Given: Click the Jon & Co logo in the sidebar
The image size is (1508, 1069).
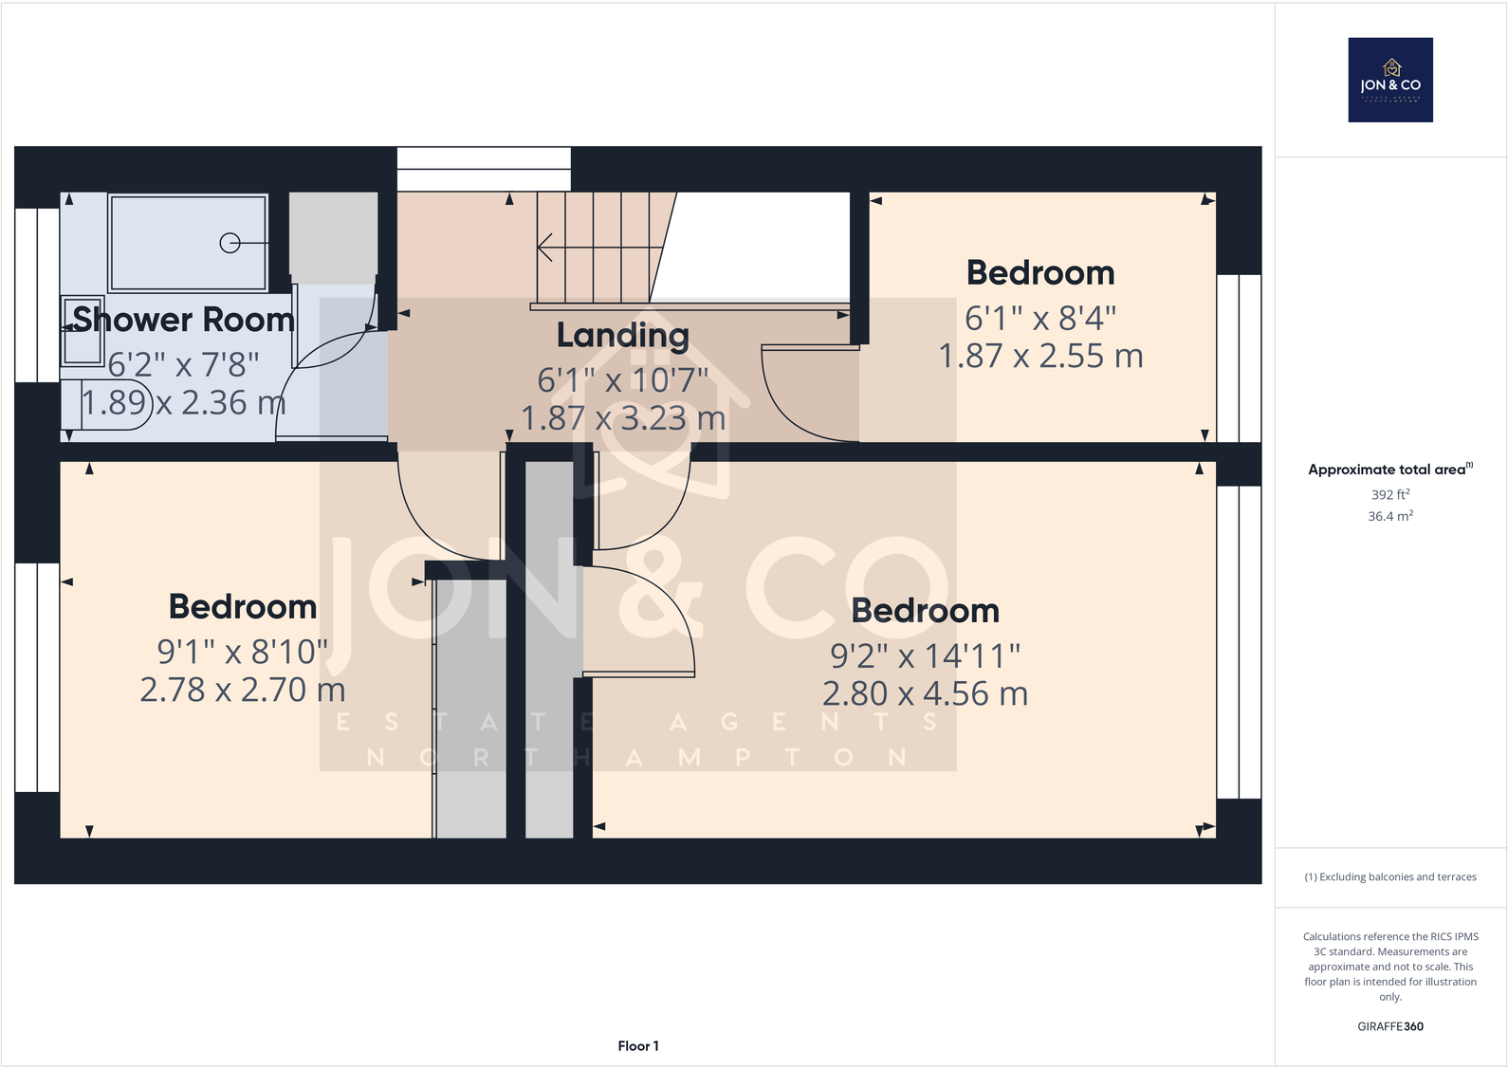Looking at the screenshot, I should tap(1389, 80).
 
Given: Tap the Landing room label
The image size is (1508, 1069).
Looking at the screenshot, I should tap(622, 335).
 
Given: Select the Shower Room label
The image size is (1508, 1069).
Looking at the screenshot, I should tap(183, 320).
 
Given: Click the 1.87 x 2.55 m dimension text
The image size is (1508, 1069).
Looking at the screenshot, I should tap(1040, 357).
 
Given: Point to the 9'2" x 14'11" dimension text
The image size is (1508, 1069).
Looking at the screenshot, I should tap(925, 655).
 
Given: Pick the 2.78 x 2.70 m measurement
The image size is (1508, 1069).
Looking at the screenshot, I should tap(242, 690).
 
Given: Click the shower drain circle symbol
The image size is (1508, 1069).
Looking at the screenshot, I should tap(230, 243).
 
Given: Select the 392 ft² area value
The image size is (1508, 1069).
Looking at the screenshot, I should tap(1389, 494).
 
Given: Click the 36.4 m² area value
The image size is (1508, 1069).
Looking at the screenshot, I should tap(1389, 516).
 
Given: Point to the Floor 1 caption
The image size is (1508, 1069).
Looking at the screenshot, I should tap(637, 1045).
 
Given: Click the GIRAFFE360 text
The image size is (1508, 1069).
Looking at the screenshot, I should tap(1389, 1026).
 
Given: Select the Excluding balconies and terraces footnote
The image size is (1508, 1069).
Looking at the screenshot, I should tap(1389, 876).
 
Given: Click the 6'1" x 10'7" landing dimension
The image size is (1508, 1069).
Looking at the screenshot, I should tap(622, 380).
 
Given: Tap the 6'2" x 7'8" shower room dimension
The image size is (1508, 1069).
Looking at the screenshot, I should tap(183, 364).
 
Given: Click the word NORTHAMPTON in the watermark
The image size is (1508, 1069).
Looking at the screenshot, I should tap(637, 757).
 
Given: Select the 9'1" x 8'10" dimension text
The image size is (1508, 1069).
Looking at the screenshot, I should tap(242, 652).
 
